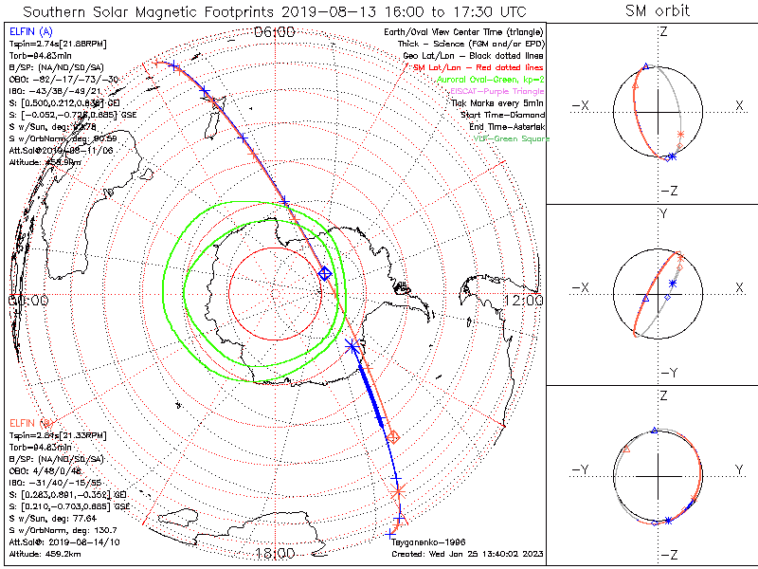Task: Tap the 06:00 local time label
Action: (275, 32)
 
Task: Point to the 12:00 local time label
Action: (524, 300)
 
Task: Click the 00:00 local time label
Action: (28, 300)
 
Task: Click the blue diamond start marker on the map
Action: (325, 273)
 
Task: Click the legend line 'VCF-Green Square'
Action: (511, 139)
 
